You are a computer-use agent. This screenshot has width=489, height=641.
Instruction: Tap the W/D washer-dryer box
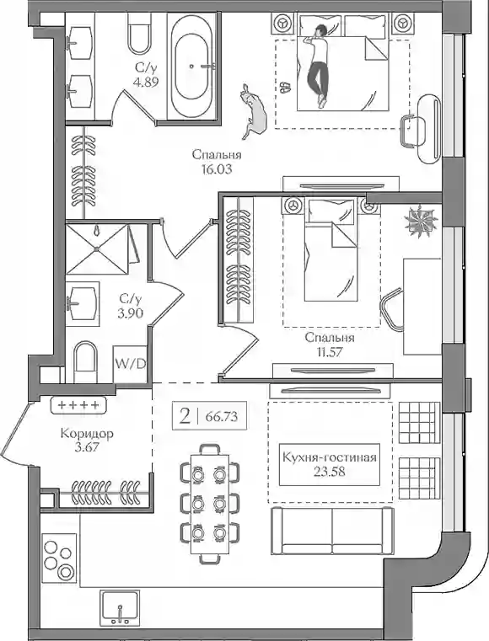[x=130, y=364]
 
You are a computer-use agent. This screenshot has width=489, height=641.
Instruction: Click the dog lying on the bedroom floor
[x=253, y=111]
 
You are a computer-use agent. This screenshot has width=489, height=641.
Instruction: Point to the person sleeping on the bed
[x=318, y=67]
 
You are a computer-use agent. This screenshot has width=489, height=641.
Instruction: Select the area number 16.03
[x=217, y=168]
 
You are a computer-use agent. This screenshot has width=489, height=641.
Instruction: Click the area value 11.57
[x=330, y=352]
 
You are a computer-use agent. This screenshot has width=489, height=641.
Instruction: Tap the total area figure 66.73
[x=222, y=417]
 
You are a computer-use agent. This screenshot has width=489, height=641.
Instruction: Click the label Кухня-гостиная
[x=330, y=457]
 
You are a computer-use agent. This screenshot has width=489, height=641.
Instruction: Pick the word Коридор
[x=87, y=433]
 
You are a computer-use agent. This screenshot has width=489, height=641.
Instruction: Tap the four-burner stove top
[x=58, y=558]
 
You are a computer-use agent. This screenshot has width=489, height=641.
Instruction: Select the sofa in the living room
[x=332, y=531]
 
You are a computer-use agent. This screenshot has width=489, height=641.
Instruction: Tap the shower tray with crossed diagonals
[x=97, y=248]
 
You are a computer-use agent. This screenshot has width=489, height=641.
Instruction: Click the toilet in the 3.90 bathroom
[x=85, y=361]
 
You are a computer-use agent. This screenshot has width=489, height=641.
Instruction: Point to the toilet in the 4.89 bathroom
[x=140, y=33]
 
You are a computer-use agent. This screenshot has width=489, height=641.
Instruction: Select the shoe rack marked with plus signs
[x=78, y=405]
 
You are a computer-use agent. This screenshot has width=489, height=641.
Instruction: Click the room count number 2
[x=185, y=417]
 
